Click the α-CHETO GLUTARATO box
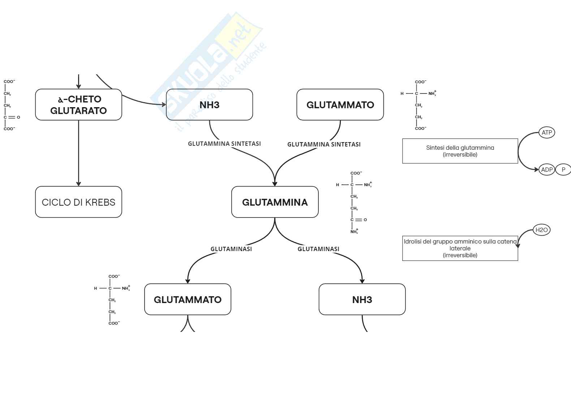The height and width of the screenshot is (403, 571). (x=78, y=105)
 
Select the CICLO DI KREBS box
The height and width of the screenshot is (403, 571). (x=78, y=202)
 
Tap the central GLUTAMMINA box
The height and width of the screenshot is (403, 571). (x=275, y=202)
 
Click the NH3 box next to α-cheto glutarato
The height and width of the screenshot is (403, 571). (x=209, y=105)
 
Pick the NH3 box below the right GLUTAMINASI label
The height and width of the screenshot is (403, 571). (x=362, y=299)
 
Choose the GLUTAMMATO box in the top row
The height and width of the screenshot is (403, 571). (x=340, y=105)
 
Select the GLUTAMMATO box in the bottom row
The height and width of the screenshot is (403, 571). (x=188, y=299)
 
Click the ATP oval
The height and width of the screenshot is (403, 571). (x=546, y=132)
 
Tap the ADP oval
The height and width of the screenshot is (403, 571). (x=546, y=170)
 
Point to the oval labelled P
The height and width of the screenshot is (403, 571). (x=563, y=170)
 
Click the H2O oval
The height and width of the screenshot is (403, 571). (x=541, y=230)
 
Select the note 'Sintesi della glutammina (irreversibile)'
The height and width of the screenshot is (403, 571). (x=460, y=151)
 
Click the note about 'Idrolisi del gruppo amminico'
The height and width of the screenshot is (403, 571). (x=460, y=248)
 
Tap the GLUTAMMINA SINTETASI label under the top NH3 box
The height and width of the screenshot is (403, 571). (x=224, y=144)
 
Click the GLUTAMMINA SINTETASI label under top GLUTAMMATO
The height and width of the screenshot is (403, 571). (x=324, y=144)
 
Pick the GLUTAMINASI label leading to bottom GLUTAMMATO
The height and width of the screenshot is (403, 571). (x=231, y=249)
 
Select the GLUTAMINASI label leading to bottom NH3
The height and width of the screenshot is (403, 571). (x=318, y=249)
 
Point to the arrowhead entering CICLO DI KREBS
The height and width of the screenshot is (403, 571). (x=78, y=184)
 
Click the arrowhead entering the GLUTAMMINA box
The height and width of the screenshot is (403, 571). (x=275, y=184)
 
